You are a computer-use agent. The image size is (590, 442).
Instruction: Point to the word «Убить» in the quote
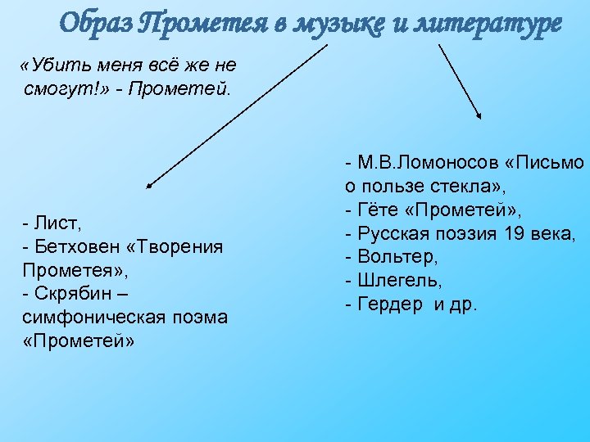[x=54, y=65]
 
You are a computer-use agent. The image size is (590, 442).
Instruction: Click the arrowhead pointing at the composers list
[x=151, y=187]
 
